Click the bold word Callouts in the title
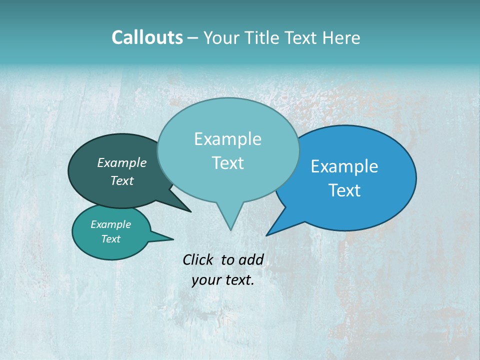click(147, 38)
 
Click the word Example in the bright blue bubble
click(344, 166)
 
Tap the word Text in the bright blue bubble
click(344, 190)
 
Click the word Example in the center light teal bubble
click(227, 139)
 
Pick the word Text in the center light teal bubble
click(227, 163)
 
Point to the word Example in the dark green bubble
click(122, 163)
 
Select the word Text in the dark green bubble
click(122, 181)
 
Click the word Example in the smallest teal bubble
click(110, 224)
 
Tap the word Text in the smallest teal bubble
click(110, 239)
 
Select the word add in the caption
click(251, 259)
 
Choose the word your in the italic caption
click(206, 280)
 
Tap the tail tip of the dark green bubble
click(190, 211)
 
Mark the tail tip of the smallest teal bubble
click(173, 239)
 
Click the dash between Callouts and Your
click(193, 38)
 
